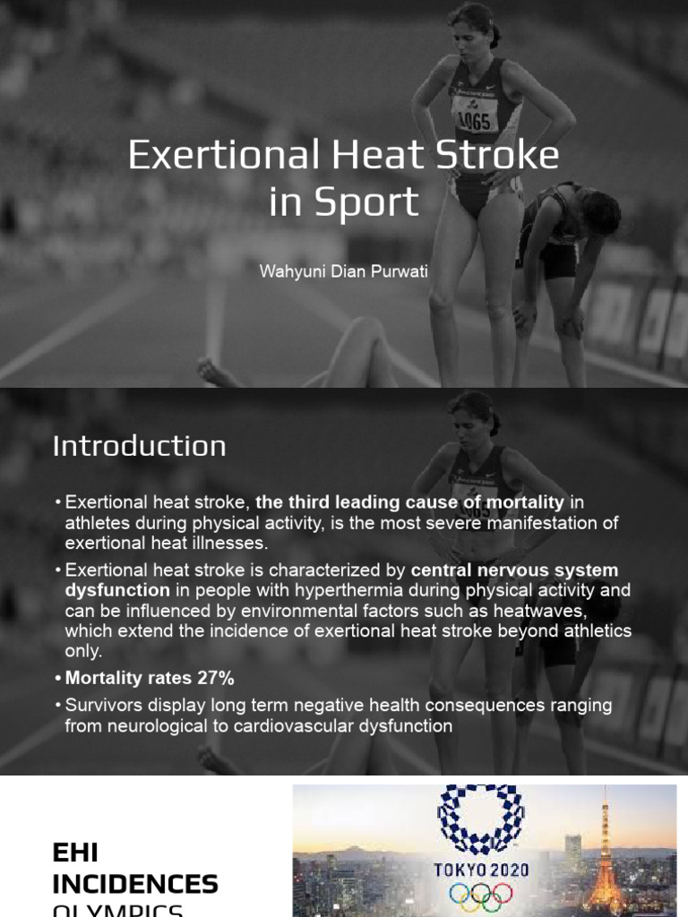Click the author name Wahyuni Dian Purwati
click(x=343, y=270)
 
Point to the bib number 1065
click(x=476, y=119)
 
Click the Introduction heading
click(x=140, y=446)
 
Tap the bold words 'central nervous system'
click(x=514, y=570)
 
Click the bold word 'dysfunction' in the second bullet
click(x=116, y=591)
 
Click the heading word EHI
click(x=74, y=853)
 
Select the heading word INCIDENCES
click(x=135, y=885)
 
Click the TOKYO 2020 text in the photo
click(x=481, y=869)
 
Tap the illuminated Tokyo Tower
click(x=605, y=860)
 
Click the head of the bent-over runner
click(x=599, y=213)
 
